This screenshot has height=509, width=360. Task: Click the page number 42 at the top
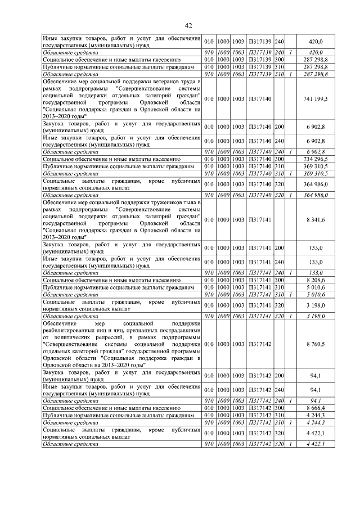188,25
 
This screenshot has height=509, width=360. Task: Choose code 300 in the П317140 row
280,160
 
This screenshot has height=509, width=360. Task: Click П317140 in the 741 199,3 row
260,98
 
